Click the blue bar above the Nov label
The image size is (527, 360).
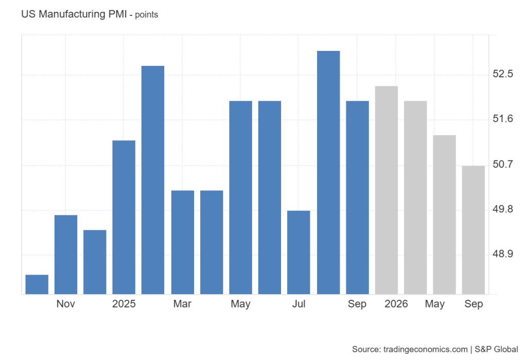tap(66, 255)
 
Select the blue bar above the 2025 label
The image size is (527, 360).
tap(124, 217)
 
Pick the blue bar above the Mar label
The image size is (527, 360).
tap(183, 242)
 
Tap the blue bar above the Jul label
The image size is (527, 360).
tap(298, 253)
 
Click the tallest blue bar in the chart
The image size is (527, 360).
tap(328, 172)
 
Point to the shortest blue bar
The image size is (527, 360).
tap(37, 284)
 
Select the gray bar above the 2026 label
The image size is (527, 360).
tap(387, 190)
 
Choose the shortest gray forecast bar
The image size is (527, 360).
tap(473, 230)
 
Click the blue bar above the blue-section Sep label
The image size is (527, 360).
tap(357, 197)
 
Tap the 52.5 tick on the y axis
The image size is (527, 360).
tap(503, 74)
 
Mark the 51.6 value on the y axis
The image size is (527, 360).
tap(503, 119)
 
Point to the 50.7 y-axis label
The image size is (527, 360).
tap(503, 165)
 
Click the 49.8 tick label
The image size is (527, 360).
tap(503, 210)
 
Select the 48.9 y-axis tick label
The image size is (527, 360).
tap(503, 255)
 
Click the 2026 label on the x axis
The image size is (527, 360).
tap(396, 304)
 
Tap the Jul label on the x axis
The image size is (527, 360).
tap(298, 304)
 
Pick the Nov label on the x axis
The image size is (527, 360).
tap(66, 304)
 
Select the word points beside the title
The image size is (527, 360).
tap(147, 15)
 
